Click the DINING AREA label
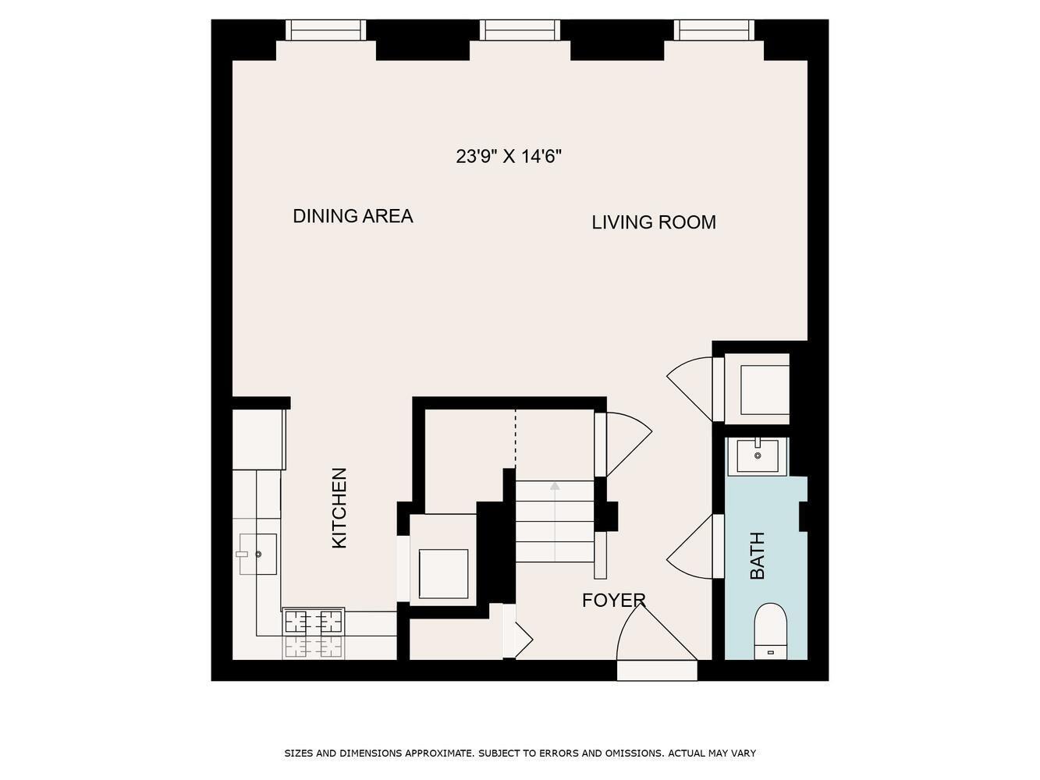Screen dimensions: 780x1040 click(353, 216)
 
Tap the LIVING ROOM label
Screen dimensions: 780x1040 click(653, 222)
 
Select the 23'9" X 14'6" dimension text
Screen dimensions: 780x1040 click(509, 157)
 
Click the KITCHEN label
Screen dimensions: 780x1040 click(339, 508)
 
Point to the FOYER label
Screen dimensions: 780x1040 click(613, 600)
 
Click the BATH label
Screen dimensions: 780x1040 click(757, 555)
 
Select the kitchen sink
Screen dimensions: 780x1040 click(257, 554)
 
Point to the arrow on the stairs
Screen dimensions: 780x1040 click(555, 487)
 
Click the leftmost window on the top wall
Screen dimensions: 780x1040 click(325, 30)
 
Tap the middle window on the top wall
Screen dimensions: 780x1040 click(520, 30)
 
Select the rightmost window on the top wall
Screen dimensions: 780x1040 click(715, 30)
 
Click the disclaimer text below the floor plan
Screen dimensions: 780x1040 click(520, 753)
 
